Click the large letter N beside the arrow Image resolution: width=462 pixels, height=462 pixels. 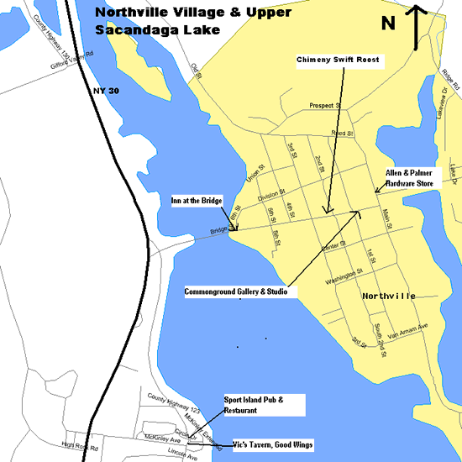(x=389, y=23)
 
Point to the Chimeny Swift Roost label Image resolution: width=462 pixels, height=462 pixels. (x=339, y=60)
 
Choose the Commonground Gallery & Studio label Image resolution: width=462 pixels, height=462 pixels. (x=236, y=291)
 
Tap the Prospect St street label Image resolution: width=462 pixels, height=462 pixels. (x=324, y=107)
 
